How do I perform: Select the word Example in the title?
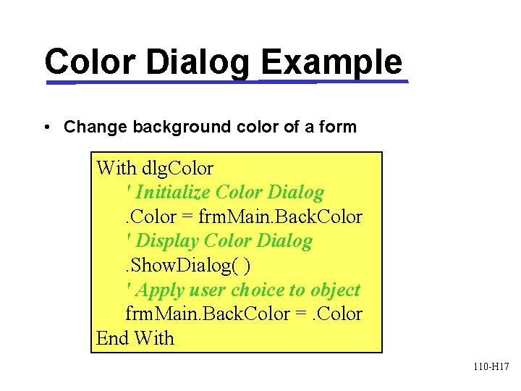[331, 62]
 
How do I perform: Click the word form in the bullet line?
[337, 127]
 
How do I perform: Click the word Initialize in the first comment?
[172, 193]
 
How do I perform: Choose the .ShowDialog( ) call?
[188, 266]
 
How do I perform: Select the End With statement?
[135, 338]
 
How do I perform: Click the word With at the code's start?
[116, 169]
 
